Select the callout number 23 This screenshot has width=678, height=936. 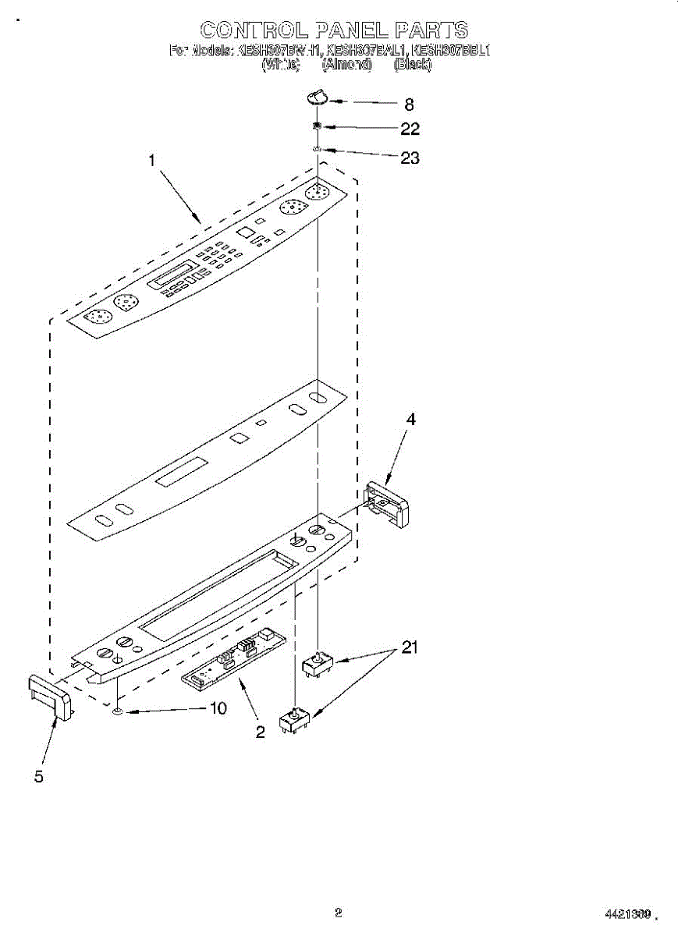pyautogui.click(x=410, y=158)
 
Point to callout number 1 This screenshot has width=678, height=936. pyautogui.click(x=152, y=161)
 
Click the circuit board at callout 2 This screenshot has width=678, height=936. pyautogui.click(x=233, y=657)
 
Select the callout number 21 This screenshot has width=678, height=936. pyautogui.click(x=410, y=647)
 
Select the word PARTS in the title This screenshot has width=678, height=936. pyautogui.click(x=431, y=30)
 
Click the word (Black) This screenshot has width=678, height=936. pyautogui.click(x=413, y=66)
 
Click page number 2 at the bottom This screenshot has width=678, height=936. pyautogui.click(x=338, y=911)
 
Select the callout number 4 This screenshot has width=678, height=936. pyautogui.click(x=410, y=420)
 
